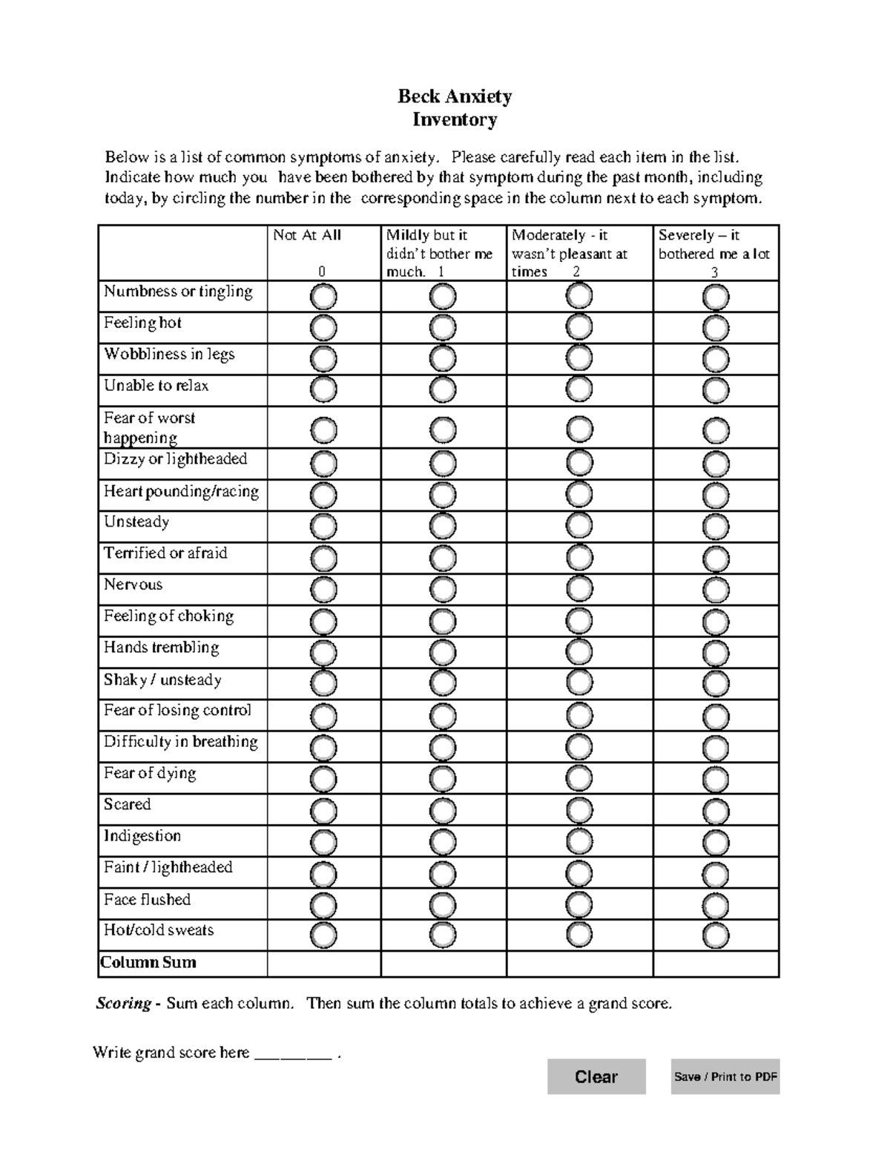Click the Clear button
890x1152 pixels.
596,1076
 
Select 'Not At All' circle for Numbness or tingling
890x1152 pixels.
323,297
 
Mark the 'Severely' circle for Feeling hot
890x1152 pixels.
716,328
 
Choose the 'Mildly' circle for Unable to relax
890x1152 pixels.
443,389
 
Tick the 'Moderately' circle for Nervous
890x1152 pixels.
579,589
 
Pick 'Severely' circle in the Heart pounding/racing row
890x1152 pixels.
716,495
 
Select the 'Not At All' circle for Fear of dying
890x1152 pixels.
323,779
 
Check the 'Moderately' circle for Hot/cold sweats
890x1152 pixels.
579,935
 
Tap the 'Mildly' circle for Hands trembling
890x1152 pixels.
443,653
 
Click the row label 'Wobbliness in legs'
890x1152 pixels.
169,354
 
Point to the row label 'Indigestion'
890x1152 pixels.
142,836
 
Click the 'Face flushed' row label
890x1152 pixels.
147,899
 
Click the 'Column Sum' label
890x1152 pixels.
148,962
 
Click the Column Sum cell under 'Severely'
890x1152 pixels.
716,964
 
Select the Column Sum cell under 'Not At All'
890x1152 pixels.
323,964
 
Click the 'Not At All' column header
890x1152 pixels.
307,236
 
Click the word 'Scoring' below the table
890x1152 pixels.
123,1004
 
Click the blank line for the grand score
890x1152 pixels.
293,1053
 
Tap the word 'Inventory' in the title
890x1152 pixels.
454,119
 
